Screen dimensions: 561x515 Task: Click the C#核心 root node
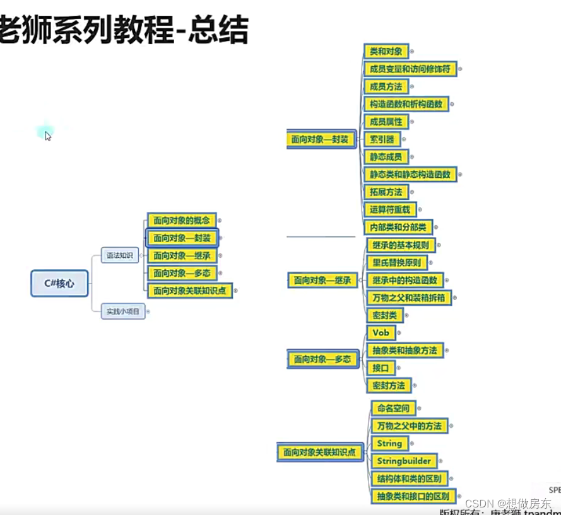59,284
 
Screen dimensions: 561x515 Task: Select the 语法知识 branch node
120,255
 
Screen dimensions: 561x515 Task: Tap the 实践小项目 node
123,311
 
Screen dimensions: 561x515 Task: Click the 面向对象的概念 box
182,221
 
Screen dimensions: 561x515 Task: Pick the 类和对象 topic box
387,52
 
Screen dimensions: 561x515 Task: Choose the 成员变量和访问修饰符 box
410,69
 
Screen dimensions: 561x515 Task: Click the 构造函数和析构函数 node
406,104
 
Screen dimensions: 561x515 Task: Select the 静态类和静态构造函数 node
410,174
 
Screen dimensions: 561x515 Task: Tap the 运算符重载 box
389,209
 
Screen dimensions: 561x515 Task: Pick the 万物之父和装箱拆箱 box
409,297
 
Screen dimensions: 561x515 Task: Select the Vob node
381,333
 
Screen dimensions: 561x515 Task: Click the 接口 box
381,367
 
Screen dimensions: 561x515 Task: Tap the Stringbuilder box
404,461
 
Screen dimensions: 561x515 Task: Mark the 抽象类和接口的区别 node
413,496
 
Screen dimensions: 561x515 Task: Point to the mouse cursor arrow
47,135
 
